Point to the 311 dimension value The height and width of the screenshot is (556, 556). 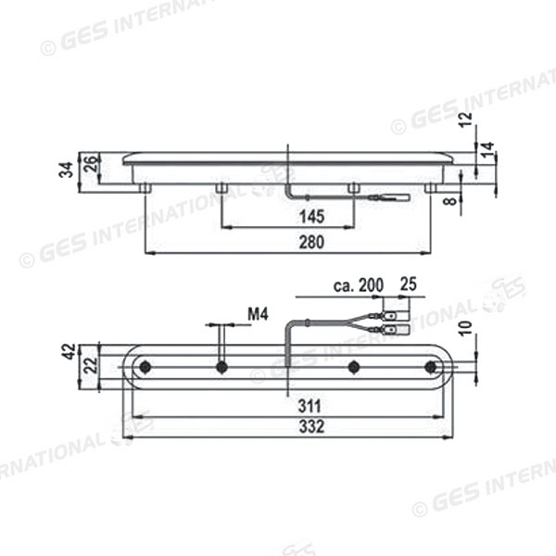pos(287,405)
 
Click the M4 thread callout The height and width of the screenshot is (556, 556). pos(258,315)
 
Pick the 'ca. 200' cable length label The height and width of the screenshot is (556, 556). pos(356,286)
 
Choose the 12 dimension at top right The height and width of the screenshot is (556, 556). pos(466,118)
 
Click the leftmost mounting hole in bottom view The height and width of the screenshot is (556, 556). pos(145,368)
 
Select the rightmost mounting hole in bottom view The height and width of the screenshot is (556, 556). pos(430,368)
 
